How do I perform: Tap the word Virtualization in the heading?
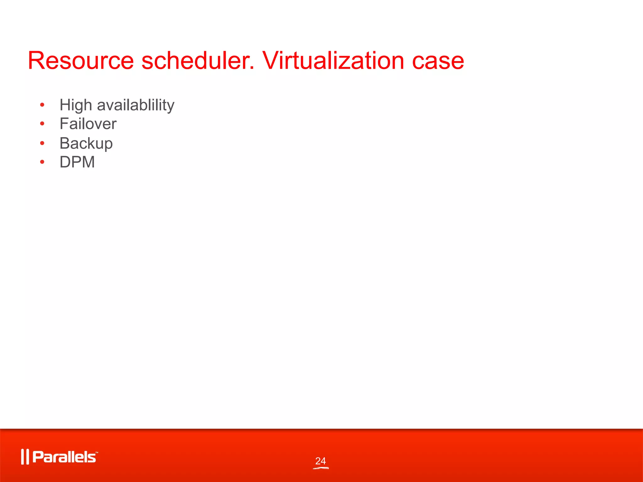[333, 61]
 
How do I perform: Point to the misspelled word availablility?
[136, 105]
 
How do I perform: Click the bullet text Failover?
[88, 124]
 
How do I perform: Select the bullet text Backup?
[86, 144]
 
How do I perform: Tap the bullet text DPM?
[77, 162]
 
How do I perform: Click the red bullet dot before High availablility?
[42, 105]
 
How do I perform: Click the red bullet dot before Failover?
[42, 124]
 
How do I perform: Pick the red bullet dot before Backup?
[42, 143]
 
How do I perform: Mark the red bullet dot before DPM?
[42, 162]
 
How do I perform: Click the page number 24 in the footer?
[321, 461]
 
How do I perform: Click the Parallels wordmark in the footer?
[64, 457]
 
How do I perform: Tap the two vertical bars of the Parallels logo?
[25, 457]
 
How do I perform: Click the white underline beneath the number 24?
[321, 468]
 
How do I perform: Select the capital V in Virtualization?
[272, 61]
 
